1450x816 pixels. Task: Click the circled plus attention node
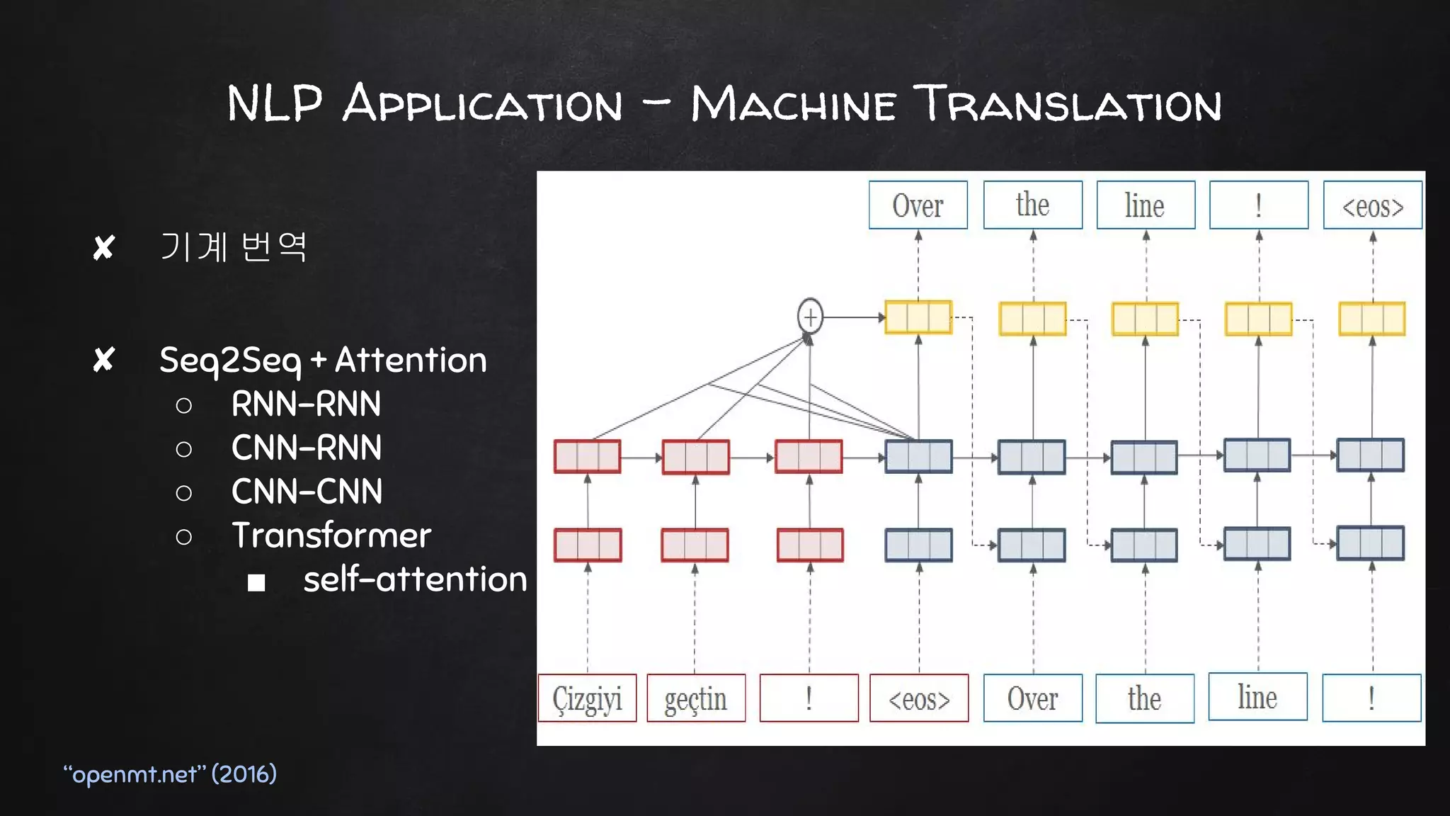pyautogui.click(x=810, y=317)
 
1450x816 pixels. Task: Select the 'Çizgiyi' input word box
pyautogui.click(x=587, y=698)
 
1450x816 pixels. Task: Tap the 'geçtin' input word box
pyautogui.click(x=695, y=698)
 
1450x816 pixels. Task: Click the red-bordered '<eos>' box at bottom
pyautogui.click(x=918, y=698)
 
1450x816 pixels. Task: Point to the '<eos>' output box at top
pyautogui.click(x=1372, y=205)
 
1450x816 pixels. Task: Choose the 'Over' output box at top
pyautogui.click(x=918, y=205)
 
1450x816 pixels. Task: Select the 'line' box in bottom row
pyautogui.click(x=1257, y=697)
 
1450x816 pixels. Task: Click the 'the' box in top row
pyautogui.click(x=1032, y=205)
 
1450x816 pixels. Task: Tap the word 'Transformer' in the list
pyautogui.click(x=331, y=535)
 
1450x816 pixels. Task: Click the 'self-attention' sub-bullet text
pyautogui.click(x=415, y=579)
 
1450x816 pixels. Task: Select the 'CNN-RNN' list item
pyautogui.click(x=307, y=448)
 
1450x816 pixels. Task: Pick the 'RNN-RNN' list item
pyautogui.click(x=306, y=404)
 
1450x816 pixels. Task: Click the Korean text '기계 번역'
pyautogui.click(x=234, y=247)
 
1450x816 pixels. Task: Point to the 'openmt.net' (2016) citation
pyautogui.click(x=170, y=773)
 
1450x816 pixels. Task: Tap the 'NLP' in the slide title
pyautogui.click(x=275, y=103)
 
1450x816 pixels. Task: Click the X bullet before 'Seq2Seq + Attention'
pyautogui.click(x=104, y=360)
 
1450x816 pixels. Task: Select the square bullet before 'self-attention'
pyautogui.click(x=256, y=582)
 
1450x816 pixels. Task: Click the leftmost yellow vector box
pyautogui.click(x=918, y=317)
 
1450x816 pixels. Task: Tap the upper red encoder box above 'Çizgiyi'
pyautogui.click(x=587, y=456)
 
